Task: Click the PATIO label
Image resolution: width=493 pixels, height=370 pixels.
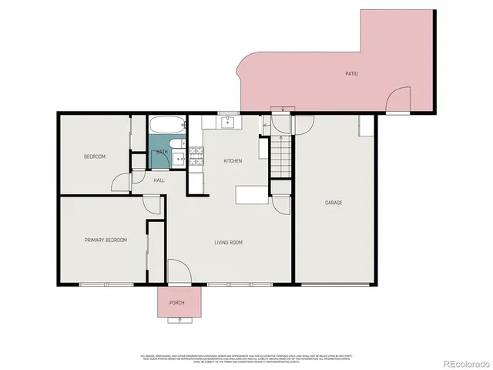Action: pos(350,74)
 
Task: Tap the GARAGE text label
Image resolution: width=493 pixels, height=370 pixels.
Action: pos(334,203)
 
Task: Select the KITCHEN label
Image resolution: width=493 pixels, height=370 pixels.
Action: pos(233,161)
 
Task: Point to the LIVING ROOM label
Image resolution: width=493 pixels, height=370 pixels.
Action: pos(228,243)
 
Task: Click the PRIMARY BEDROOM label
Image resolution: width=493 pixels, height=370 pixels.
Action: pos(106,240)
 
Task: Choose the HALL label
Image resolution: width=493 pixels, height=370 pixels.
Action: pos(159,180)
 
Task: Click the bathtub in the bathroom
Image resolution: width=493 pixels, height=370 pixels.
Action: pos(166,126)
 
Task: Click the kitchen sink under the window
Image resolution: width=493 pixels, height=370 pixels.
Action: pos(227,122)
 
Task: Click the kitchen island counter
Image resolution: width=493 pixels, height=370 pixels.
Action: pos(252,195)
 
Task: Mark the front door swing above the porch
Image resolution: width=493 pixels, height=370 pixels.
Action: pos(177,271)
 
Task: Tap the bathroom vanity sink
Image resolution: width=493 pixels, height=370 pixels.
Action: pos(177,160)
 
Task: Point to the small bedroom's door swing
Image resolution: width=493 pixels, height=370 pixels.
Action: pos(120,182)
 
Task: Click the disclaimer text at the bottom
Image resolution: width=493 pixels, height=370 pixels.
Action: pos(246,359)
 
